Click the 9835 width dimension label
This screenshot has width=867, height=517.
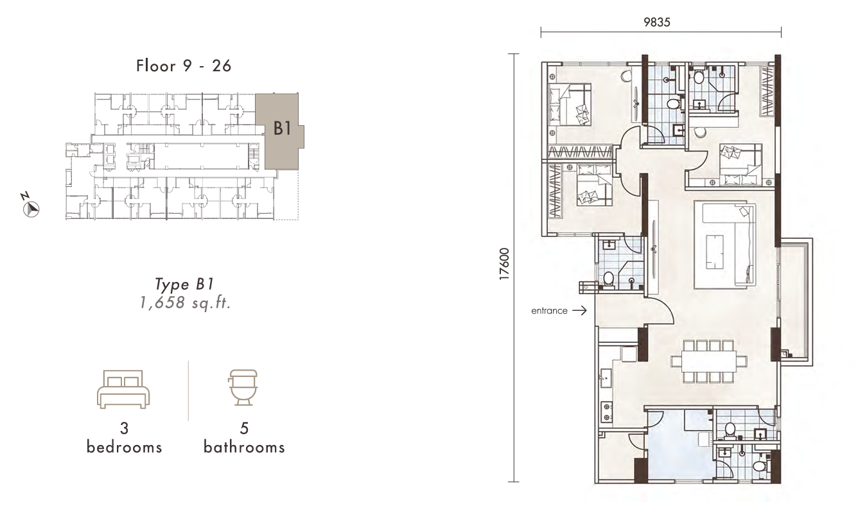656,22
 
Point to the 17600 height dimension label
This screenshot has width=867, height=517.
504,264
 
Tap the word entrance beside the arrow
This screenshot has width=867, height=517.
549,311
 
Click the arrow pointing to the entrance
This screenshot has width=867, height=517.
579,310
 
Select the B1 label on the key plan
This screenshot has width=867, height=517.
282,128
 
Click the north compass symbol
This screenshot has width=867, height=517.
31,209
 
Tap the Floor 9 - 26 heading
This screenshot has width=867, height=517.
184,66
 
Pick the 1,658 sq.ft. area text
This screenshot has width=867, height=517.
185,302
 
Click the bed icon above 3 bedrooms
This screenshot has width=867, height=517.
123,389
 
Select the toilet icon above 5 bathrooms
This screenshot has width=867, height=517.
243,387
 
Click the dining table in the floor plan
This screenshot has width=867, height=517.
709,362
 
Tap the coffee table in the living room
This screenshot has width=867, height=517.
715,252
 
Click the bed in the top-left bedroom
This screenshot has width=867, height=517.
570,105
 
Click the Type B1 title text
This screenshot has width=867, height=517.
184,285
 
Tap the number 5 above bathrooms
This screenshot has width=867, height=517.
244,428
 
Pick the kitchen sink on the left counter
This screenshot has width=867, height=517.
605,376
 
